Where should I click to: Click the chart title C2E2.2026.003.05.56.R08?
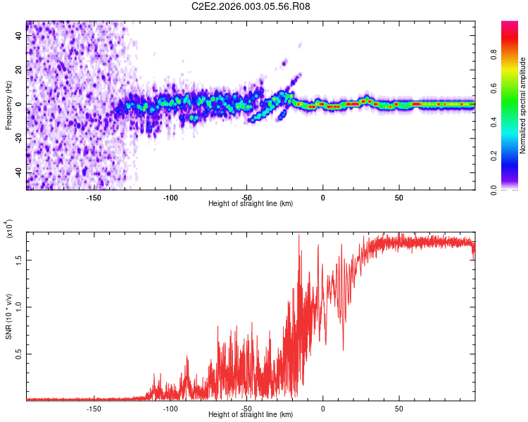coord(251,7)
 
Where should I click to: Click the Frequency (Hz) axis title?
coord(9,105)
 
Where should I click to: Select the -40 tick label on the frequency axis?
coord(19,173)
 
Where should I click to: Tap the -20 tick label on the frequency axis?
coord(19,139)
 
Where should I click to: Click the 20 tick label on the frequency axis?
coord(19,70)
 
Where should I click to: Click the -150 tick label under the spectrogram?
coord(94,197)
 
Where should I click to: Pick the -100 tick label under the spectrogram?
coord(170,197)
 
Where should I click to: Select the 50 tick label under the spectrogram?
coord(398,197)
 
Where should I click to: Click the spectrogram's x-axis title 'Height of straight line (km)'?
coord(251,204)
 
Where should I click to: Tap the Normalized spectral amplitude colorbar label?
coord(523,105)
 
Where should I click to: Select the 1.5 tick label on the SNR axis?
coord(19,259)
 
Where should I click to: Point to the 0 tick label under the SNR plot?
coord(323,408)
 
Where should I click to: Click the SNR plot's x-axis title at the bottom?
coord(251,415)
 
